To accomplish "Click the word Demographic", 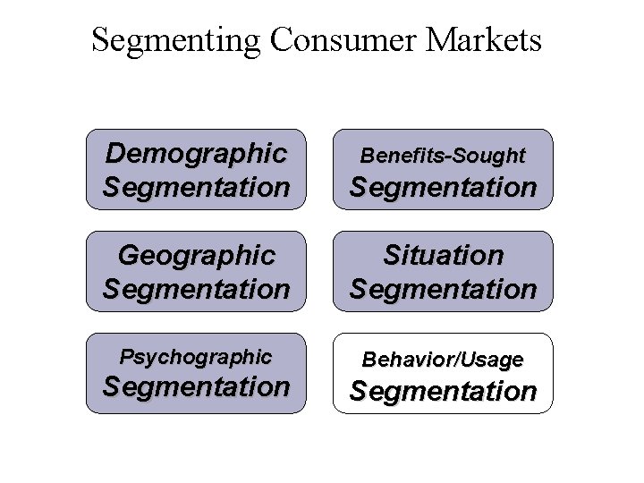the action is coord(196,153).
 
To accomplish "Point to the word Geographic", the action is coord(196,256).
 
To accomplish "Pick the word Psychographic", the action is coord(196,357).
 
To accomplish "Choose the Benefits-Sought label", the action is coord(443,156).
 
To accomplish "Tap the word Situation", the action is coord(443,256).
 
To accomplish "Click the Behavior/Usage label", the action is coord(443,360).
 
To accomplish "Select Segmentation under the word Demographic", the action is coord(196,187).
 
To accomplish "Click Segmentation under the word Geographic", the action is coord(196,289).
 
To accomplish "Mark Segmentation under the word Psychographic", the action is coord(196,387).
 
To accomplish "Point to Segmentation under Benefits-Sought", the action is coord(443,188).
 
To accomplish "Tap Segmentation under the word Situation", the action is coord(443,289).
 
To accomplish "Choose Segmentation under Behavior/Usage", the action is coord(443,391).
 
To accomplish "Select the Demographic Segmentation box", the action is coord(196,170).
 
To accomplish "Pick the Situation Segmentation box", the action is coord(443,272).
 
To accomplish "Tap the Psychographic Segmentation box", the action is coord(196,373).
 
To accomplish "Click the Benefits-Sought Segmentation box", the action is coord(443,170).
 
